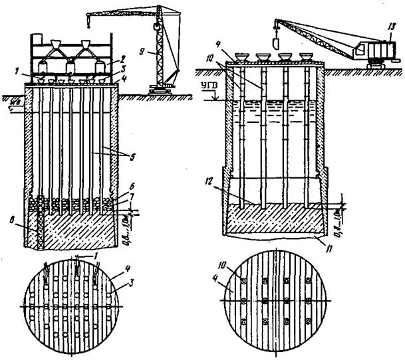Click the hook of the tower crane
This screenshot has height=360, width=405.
(156, 29)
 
